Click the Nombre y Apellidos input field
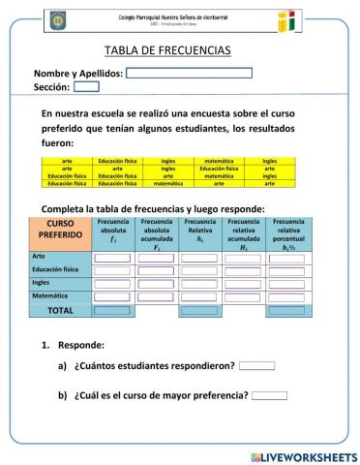click(189, 73)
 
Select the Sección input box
click(86, 86)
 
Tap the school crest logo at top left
click(57, 19)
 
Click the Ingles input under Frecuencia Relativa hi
click(200, 284)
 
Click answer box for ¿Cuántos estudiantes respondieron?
click(256, 365)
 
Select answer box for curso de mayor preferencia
click(269, 394)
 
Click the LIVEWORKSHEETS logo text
click(303, 455)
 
